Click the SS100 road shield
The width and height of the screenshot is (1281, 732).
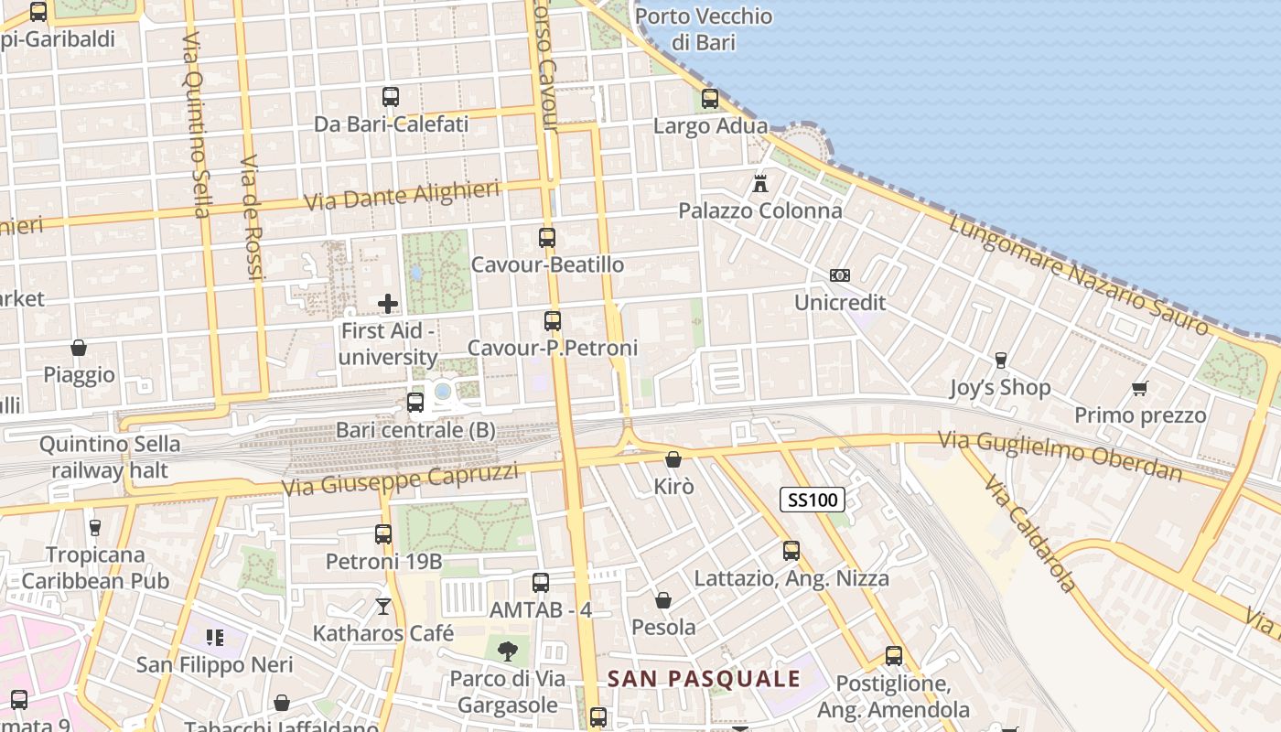pyautogui.click(x=812, y=500)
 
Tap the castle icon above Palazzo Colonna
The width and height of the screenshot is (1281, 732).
pyautogui.click(x=759, y=183)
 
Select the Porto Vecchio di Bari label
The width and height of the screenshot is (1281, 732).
pyautogui.click(x=703, y=29)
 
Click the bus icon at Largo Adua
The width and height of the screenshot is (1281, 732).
pyautogui.click(x=710, y=99)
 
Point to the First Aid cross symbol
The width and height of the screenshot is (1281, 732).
pyautogui.click(x=388, y=303)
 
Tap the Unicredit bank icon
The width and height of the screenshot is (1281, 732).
pyautogui.click(x=839, y=275)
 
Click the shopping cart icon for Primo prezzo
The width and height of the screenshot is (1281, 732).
pyautogui.click(x=1139, y=389)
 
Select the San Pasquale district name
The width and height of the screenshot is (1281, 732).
pyautogui.click(x=704, y=679)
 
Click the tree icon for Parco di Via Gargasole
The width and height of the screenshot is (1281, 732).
pyautogui.click(x=507, y=651)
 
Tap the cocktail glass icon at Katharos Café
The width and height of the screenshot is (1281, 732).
pyautogui.click(x=382, y=606)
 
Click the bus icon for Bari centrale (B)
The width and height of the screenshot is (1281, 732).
pyautogui.click(x=415, y=403)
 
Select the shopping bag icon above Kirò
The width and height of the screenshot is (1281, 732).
pyautogui.click(x=673, y=459)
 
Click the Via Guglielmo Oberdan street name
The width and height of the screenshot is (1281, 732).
pyautogui.click(x=1060, y=456)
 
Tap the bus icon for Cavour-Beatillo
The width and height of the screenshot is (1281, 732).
pyautogui.click(x=547, y=238)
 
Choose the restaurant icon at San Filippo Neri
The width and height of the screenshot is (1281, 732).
pyautogui.click(x=215, y=637)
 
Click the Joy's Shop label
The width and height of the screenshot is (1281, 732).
pyautogui.click(x=1000, y=387)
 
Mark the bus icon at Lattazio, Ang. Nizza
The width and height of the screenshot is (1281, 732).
pyautogui.click(x=791, y=551)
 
